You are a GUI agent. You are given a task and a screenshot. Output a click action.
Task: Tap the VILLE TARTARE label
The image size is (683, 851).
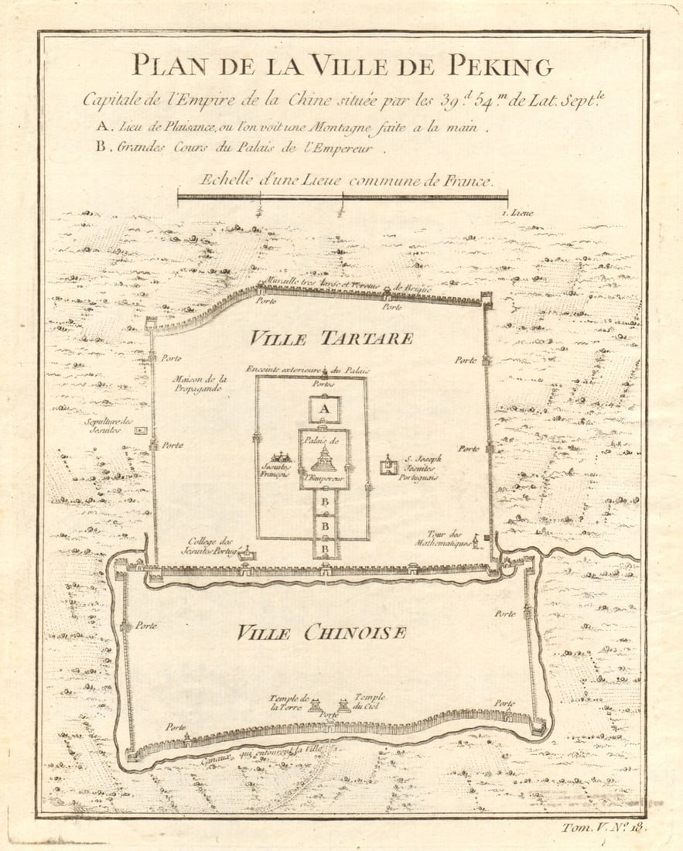pos(331,339)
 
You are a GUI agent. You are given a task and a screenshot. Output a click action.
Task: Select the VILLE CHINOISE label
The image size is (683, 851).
pos(321,633)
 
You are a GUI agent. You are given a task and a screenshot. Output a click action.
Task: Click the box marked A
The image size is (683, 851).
pos(325,409)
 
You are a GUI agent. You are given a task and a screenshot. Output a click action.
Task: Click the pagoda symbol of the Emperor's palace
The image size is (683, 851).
pos(324,460)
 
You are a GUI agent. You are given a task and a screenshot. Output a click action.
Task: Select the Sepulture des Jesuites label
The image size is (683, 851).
pos(111,425)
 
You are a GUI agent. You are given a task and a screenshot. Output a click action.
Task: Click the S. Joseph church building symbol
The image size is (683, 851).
pos(388,466)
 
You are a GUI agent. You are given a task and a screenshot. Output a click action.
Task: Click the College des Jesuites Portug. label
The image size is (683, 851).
pos(210,545)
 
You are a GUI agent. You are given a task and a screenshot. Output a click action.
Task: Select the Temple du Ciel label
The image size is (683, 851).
pos(369,701)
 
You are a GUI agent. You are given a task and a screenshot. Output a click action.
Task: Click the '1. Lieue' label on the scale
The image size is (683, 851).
pos(517,211)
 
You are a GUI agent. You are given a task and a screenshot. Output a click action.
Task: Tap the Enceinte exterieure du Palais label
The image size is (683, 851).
pos(305,370)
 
